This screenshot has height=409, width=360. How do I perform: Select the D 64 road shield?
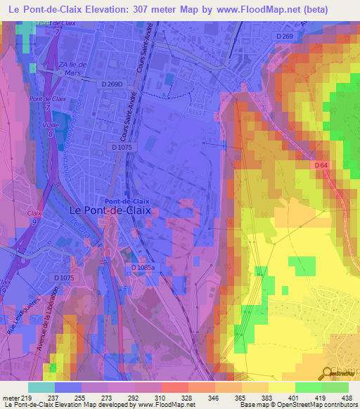321,164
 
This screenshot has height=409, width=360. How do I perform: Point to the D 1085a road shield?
143,268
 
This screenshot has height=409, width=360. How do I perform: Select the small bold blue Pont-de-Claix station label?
124,200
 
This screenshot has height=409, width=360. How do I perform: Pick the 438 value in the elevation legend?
347,397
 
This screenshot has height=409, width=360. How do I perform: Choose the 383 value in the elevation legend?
266,397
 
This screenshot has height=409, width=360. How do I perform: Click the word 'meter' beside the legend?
11,397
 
